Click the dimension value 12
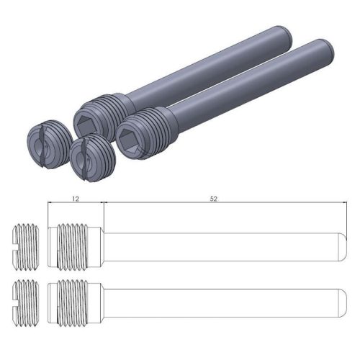pyautogui.click(x=76, y=195)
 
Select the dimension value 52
pyautogui.click(x=215, y=195)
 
